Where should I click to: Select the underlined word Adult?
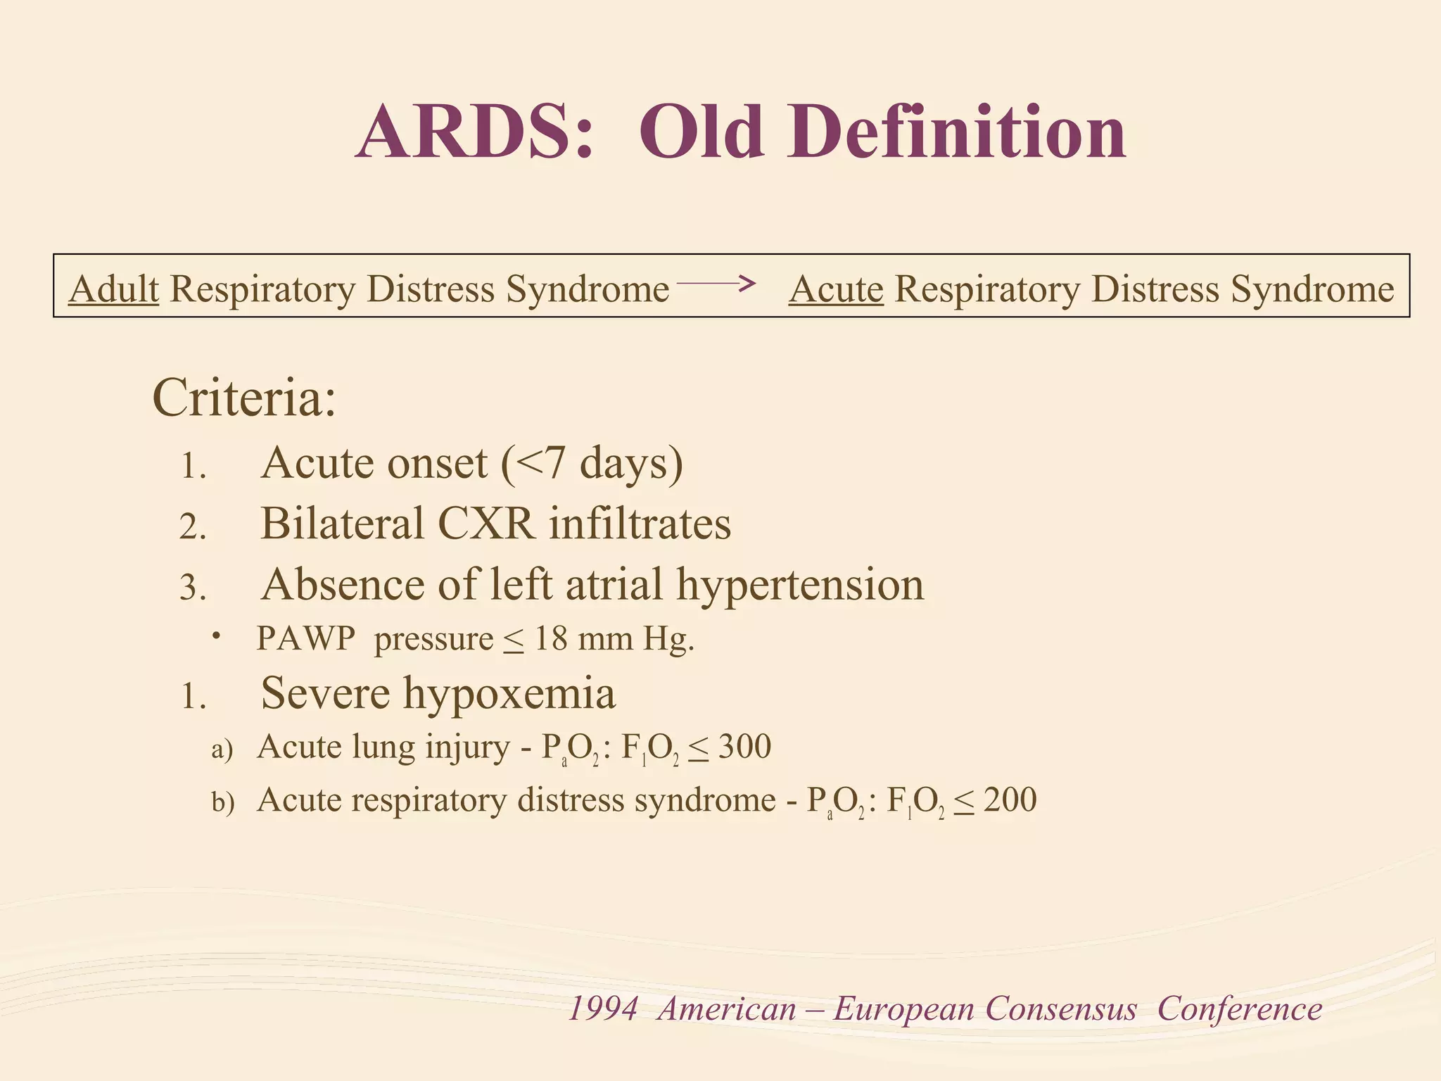[x=114, y=289]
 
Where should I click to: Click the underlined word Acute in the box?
[x=836, y=289]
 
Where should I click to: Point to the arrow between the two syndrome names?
[x=716, y=284]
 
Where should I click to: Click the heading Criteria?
[x=244, y=398]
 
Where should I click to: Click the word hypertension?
[x=800, y=585]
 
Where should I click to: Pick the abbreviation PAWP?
[x=306, y=639]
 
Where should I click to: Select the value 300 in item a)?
[x=744, y=747]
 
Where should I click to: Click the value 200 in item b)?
[x=1010, y=800]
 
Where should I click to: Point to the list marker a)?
[x=222, y=750]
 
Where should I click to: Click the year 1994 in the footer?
[x=603, y=1009]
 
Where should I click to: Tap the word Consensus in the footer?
[x=1060, y=1009]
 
